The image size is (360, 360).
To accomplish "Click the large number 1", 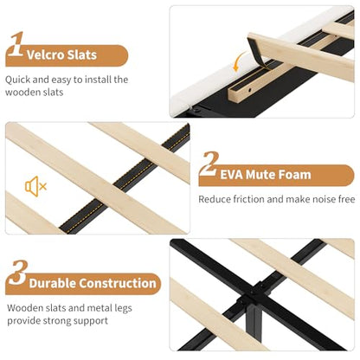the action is [16, 44].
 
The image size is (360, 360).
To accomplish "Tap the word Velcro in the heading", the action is [45, 55].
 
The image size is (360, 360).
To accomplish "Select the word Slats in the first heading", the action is [82, 55].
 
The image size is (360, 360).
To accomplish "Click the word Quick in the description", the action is [17, 80].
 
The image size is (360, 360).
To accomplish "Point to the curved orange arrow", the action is [237, 61].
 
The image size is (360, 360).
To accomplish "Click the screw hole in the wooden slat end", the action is [249, 90].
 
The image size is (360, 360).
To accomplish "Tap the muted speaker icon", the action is [35, 186].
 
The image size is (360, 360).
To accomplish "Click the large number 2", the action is [209, 164].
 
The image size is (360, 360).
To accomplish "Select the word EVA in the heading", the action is [232, 175].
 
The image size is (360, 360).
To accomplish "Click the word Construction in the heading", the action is [118, 283].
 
